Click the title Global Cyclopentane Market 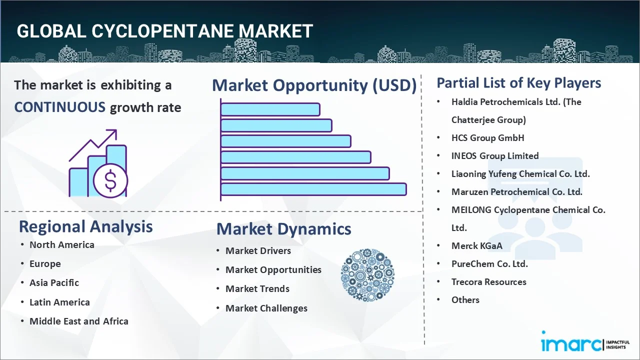click(x=164, y=31)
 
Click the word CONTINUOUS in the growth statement click(x=59, y=107)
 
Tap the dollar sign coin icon click(x=110, y=181)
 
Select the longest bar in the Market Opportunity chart click(x=313, y=189)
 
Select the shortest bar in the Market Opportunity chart click(x=270, y=109)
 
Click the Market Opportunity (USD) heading click(x=314, y=85)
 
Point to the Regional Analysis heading click(x=85, y=226)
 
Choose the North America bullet click(x=61, y=244)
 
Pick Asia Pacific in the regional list click(x=54, y=282)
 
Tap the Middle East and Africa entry click(x=78, y=321)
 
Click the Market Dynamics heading click(x=283, y=229)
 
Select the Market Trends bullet click(x=257, y=288)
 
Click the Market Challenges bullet click(x=266, y=308)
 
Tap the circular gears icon click(x=367, y=275)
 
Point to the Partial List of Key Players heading click(x=518, y=82)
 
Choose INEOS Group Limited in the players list click(x=494, y=155)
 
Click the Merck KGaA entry click(x=476, y=245)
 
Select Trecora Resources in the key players click(x=488, y=281)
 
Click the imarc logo click(x=571, y=343)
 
